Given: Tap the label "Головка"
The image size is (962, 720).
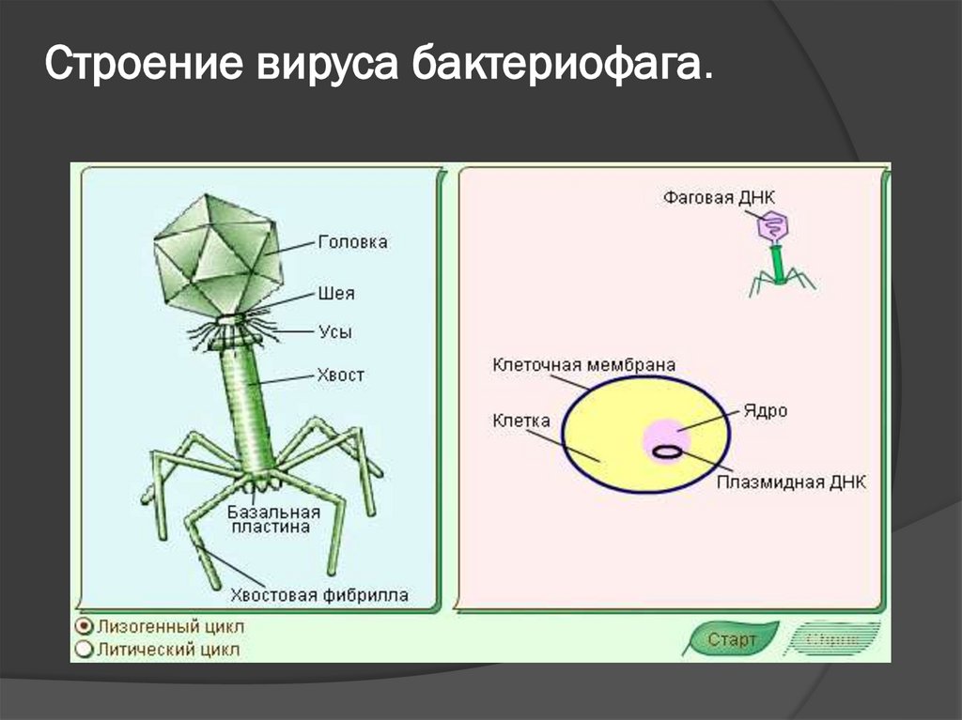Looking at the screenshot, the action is coord(353,242).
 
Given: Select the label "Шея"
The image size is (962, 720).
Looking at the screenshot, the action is coord(337,294).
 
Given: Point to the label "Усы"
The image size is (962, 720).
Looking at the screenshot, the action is coord(336,332).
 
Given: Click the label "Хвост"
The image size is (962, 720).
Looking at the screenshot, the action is coord(342,375).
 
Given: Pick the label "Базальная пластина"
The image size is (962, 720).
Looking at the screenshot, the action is coord(273,520).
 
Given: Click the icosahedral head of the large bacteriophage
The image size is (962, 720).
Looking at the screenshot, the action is coord(217,254).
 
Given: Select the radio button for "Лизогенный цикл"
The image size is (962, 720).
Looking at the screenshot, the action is coord(85,626).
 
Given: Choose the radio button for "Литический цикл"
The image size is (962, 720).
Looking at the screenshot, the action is coord(85,649).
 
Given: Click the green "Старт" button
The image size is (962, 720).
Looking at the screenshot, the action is coord(732,640).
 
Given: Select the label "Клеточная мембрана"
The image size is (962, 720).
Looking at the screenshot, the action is coord(583,364).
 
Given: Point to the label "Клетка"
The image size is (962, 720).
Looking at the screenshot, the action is coord(521,421).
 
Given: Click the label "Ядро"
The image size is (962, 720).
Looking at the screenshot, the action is coord(766,411).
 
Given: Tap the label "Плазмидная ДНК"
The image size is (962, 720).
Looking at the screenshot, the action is coord(791,482).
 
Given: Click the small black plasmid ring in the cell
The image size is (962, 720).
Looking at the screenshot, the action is coord(668,452).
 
